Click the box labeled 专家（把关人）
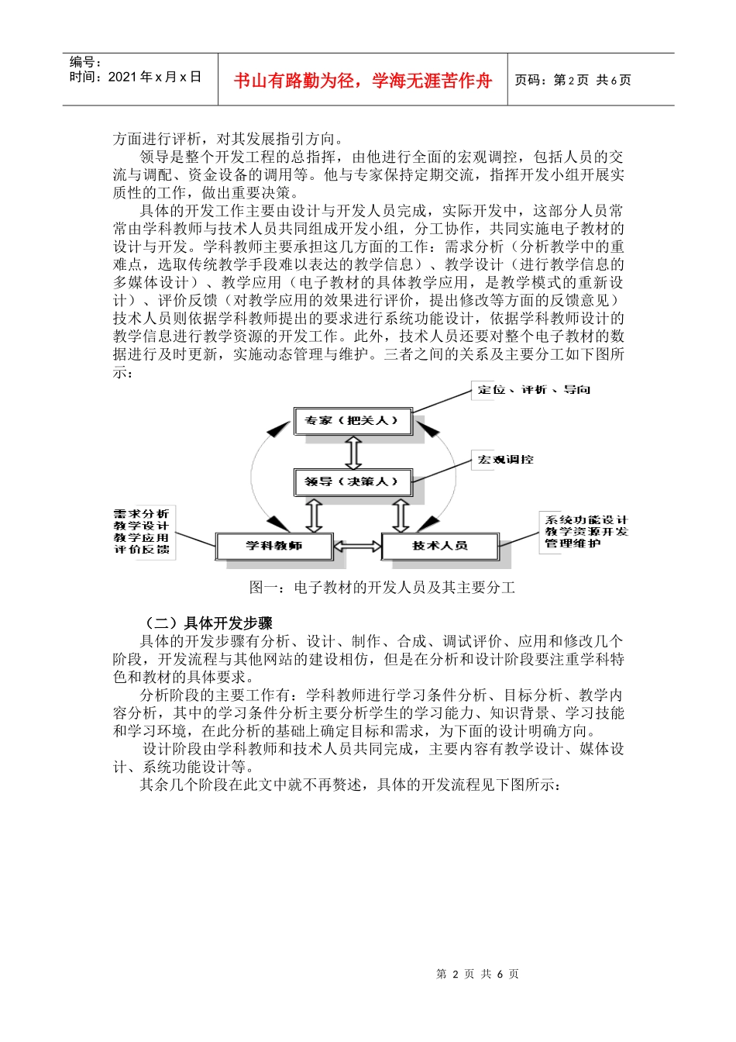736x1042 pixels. [x=352, y=421]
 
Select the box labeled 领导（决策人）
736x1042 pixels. [x=352, y=481]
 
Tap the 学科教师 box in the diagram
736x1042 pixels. [x=274, y=546]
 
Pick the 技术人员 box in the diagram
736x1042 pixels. [x=439, y=546]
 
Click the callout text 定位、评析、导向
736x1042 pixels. [x=534, y=389]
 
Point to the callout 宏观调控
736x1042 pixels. [x=505, y=460]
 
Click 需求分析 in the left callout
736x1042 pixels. [x=141, y=514]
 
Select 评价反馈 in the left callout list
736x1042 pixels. [x=141, y=549]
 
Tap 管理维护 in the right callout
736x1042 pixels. [x=573, y=543]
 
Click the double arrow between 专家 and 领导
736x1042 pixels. [x=353, y=452]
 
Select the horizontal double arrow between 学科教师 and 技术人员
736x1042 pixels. [x=358, y=546]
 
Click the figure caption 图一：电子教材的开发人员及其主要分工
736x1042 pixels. [x=382, y=588]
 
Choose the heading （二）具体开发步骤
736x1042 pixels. [x=209, y=623]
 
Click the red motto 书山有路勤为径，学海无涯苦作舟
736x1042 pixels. [x=363, y=81]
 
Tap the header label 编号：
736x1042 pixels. [x=86, y=62]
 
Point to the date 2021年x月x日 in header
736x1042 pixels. [x=155, y=77]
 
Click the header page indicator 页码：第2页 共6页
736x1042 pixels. [x=573, y=80]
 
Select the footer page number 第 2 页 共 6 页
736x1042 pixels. [x=477, y=974]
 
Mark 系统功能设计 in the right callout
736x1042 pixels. [x=586, y=520]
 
